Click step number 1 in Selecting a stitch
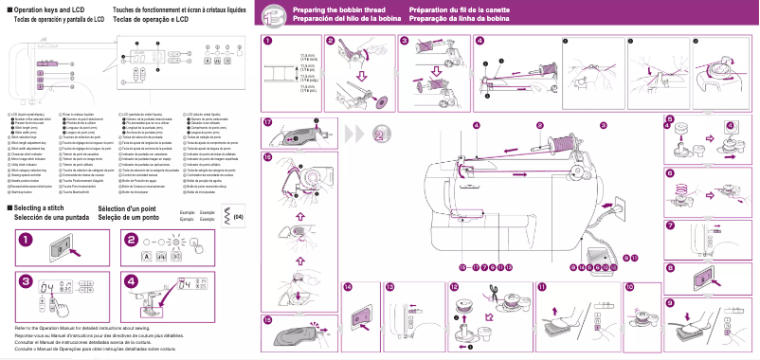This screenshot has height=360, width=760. pyautogui.click(x=24, y=240)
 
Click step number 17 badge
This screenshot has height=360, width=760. pyautogui.click(x=268, y=123)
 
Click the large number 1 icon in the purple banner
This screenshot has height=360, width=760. pyautogui.click(x=272, y=14)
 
